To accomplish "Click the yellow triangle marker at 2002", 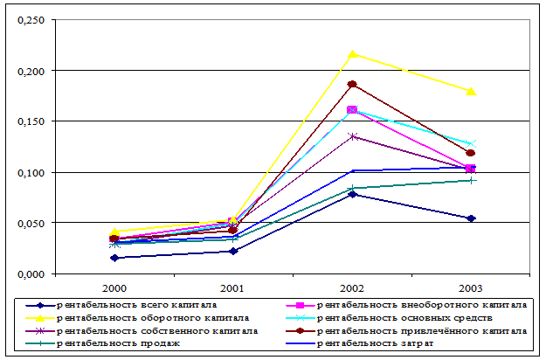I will (352, 54).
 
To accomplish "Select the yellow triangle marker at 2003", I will (472, 91).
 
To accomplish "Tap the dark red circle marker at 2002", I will (352, 85).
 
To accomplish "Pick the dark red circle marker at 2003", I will (472, 153).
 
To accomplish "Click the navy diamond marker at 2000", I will (114, 258).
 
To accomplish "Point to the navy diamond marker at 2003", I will (472, 218).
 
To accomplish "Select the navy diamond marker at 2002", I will (352, 194).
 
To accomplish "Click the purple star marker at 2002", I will (352, 136).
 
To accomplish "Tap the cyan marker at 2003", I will (472, 143).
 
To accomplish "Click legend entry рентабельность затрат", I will (384, 344).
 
